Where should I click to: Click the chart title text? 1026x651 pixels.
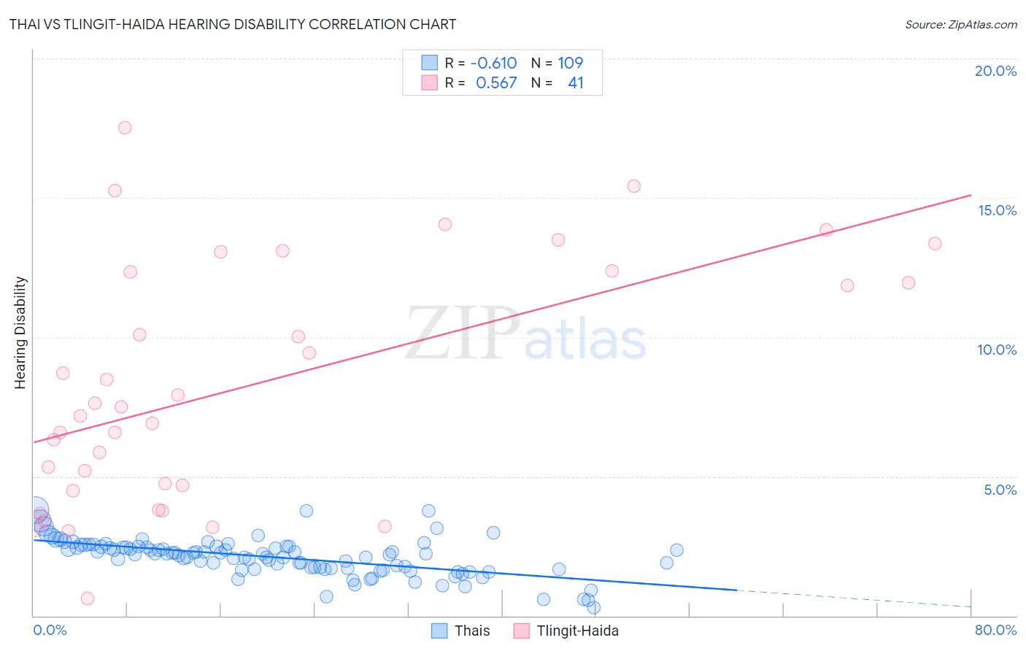pyautogui.click(x=232, y=24)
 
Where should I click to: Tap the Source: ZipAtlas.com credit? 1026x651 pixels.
pyautogui.click(x=960, y=24)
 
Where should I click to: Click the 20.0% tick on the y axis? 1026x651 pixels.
pyautogui.click(x=995, y=71)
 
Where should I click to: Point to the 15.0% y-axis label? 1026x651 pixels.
pyautogui.click(x=997, y=210)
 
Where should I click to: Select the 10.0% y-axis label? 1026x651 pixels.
pyautogui.click(x=997, y=350)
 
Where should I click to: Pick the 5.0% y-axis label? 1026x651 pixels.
pyautogui.click(x=1000, y=490)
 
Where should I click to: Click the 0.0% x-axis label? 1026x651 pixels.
pyautogui.click(x=50, y=630)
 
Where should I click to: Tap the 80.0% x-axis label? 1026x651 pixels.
pyautogui.click(x=995, y=630)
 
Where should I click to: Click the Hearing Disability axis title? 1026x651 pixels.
pyautogui.click(x=20, y=333)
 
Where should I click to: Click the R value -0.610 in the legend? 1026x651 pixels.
pyautogui.click(x=493, y=63)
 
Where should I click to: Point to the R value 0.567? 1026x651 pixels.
pyautogui.click(x=496, y=83)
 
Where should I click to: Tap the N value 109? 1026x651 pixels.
pyautogui.click(x=571, y=63)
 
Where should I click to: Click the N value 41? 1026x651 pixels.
pyautogui.click(x=576, y=83)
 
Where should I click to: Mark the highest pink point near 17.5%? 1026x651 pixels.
pyautogui.click(x=125, y=128)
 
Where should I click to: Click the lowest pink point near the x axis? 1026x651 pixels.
pyautogui.click(x=88, y=598)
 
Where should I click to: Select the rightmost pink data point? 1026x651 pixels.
pyautogui.click(x=935, y=244)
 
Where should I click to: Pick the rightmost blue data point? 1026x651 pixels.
pyautogui.click(x=676, y=550)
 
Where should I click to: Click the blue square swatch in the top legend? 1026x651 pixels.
pyautogui.click(x=429, y=63)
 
